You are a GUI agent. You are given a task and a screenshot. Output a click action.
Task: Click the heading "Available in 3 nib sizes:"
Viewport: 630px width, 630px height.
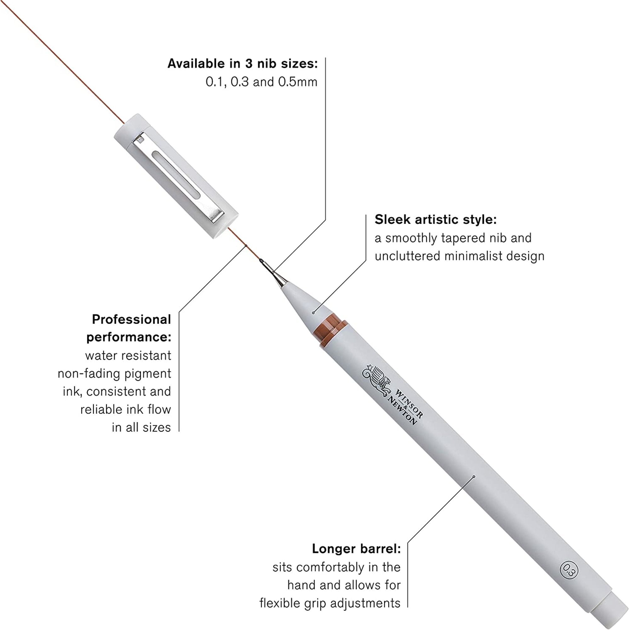point(242,64)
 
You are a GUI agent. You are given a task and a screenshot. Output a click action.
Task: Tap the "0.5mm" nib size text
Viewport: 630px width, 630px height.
point(297,82)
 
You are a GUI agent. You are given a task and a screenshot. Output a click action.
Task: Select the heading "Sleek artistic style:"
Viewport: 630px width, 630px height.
point(435,220)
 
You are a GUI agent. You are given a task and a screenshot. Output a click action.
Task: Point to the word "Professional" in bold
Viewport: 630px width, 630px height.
point(131,319)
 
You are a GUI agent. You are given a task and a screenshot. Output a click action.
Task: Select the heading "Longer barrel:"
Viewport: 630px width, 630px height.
point(356,549)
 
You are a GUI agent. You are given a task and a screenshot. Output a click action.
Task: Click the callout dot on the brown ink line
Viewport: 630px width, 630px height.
point(246,246)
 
